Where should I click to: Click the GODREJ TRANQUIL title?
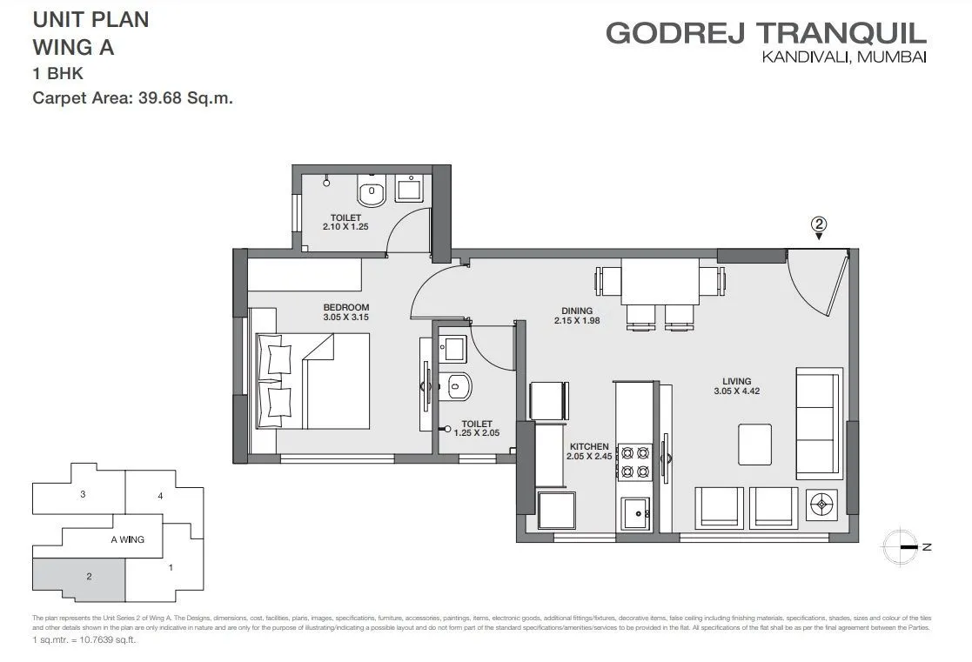click(x=766, y=33)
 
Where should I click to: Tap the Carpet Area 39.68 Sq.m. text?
click(x=132, y=98)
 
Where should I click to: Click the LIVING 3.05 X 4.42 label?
click(x=741, y=385)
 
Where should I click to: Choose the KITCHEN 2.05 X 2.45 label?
click(x=588, y=450)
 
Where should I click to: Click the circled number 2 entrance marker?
click(x=818, y=224)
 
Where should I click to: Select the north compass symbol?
click(x=901, y=547)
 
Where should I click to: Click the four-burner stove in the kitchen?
click(x=634, y=461)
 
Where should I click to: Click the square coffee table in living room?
click(x=755, y=444)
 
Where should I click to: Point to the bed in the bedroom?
click(x=312, y=381)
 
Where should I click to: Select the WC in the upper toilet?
click(x=372, y=193)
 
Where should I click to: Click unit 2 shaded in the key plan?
click(x=78, y=578)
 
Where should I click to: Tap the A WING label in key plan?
click(x=127, y=539)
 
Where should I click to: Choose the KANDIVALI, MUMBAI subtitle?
click(x=843, y=57)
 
